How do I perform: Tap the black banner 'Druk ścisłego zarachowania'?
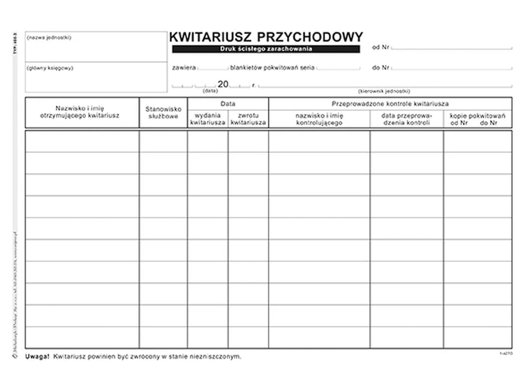coord(266,49)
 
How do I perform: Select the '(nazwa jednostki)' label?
coord(49,38)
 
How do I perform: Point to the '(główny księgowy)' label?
coord(50,68)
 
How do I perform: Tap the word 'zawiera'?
coord(184,68)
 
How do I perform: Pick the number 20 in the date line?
coord(223,84)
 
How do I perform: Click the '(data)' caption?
coord(210,90)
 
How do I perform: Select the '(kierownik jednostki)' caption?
coord(384,91)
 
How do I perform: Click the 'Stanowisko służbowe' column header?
coord(163,112)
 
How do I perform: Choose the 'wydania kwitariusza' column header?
coord(207,119)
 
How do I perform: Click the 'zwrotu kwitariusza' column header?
coord(248,119)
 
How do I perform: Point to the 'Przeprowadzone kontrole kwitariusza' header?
coord(390,104)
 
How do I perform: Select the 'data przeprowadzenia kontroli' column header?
coord(406,119)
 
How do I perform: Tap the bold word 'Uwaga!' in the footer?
coord(37,357)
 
